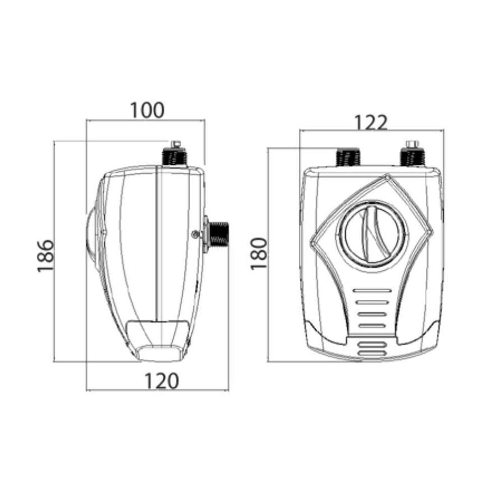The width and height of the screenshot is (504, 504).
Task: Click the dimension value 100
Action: point(147,110)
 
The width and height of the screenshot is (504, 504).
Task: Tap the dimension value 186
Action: point(45,256)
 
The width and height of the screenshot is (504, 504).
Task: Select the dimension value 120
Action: point(161,381)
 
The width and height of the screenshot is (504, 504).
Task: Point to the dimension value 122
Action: point(370,122)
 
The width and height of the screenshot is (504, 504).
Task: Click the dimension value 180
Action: point(259,254)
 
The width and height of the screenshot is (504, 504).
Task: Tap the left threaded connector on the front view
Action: point(348,157)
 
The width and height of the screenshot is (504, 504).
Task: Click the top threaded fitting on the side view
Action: point(175,157)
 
